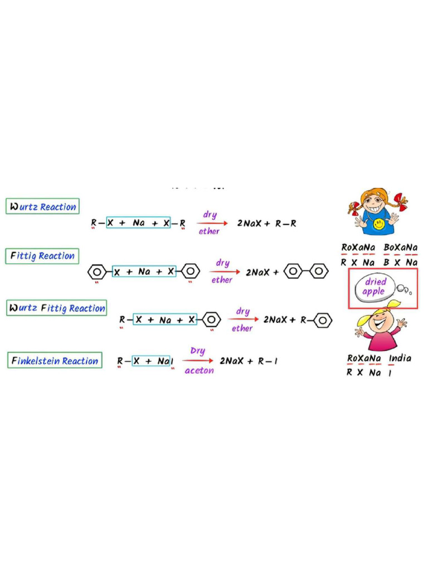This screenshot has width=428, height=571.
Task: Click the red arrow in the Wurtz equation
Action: tap(212, 223)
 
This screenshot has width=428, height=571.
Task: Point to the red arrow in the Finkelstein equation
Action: tap(198, 361)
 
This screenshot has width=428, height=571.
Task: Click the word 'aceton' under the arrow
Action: tap(199, 370)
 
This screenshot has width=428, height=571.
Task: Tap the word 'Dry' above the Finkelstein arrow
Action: tap(198, 351)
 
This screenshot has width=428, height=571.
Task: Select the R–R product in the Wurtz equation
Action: tap(286, 223)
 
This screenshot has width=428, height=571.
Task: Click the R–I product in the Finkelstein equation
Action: tap(268, 361)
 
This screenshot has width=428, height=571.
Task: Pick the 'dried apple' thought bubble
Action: tap(375, 287)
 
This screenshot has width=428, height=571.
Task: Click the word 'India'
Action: tap(400, 358)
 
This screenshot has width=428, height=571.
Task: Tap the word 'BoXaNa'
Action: tap(400, 247)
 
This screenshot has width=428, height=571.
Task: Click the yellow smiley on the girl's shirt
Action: tap(378, 224)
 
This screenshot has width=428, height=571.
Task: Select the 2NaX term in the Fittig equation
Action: tap(259, 272)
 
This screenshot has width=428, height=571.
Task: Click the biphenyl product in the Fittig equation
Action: tap(306, 272)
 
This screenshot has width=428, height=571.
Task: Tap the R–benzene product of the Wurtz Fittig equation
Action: tap(317, 320)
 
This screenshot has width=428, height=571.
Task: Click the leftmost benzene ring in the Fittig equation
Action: tap(97, 272)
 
